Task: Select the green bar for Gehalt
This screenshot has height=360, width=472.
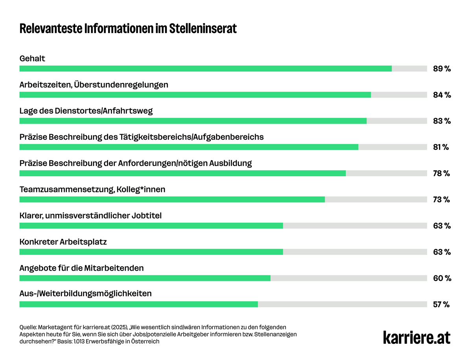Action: tap(205, 68)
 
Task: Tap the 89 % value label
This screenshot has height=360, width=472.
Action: tap(442, 69)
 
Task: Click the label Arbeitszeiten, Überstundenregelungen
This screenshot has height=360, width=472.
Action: tap(94, 85)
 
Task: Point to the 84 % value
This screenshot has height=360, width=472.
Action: tap(442, 95)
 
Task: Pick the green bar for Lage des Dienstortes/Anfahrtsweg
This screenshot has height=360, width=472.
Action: tap(193, 121)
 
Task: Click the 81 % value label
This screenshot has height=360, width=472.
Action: tap(441, 147)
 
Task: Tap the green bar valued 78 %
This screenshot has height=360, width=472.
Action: tap(183, 173)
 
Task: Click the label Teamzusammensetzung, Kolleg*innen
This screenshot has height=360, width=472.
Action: tap(92, 189)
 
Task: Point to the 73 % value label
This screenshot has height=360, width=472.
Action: tap(441, 199)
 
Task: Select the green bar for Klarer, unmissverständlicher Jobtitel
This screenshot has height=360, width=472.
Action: tap(151, 225)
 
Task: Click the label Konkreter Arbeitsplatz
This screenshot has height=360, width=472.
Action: tap(63, 242)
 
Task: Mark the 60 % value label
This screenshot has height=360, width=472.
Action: tap(442, 278)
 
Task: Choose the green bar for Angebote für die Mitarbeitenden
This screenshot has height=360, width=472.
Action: tap(145, 278)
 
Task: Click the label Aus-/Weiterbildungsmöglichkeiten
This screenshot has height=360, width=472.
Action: tap(85, 294)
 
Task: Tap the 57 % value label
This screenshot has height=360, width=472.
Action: tap(441, 304)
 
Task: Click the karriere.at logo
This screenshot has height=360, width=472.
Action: tap(417, 337)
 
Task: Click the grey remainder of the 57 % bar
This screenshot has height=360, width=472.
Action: tap(342, 304)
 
